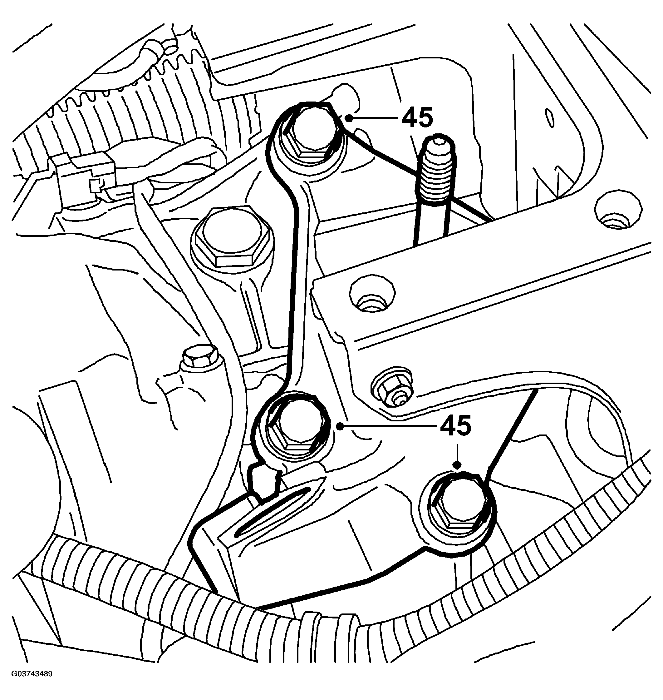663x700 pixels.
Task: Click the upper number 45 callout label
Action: pyautogui.click(x=417, y=117)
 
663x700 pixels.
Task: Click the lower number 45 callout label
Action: pyautogui.click(x=455, y=425)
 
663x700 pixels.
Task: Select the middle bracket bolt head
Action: pyautogui.click(x=294, y=430)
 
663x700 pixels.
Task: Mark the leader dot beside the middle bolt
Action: pyautogui.click(x=340, y=427)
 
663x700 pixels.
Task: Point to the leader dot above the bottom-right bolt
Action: pyautogui.click(x=458, y=465)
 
